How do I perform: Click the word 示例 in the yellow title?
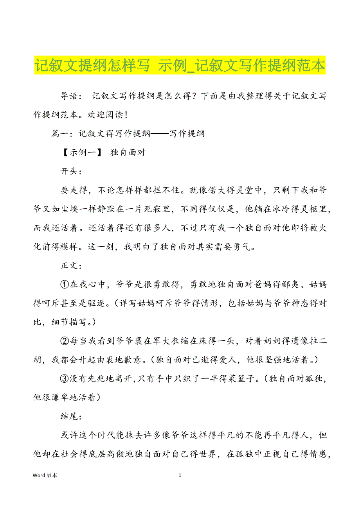171,66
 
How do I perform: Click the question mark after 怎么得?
194,97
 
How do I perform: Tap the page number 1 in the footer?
180,475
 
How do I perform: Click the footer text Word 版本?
45,475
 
